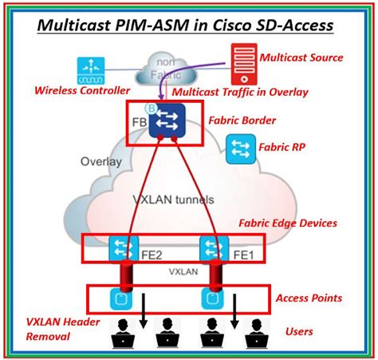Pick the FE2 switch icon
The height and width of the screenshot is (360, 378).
point(123,249)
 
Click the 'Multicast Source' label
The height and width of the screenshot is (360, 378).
point(301,57)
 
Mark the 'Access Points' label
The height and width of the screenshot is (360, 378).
point(309,298)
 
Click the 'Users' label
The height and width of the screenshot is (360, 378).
point(299,331)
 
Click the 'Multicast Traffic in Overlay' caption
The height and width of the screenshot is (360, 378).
point(240,92)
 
